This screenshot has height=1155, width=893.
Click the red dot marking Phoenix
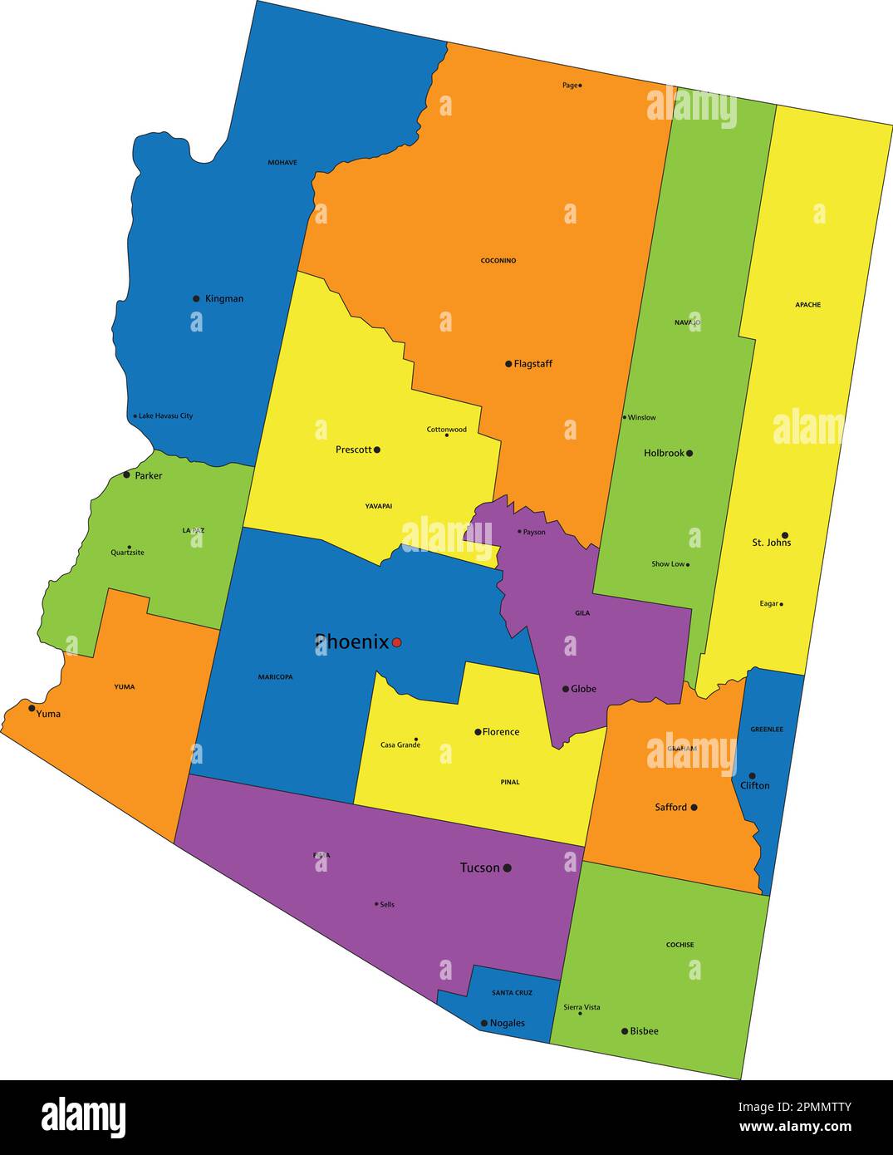coord(397,642)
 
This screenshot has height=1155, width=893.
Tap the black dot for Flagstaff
coord(508,364)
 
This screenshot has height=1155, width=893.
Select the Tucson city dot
coord(507,867)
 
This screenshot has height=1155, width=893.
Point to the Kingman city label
coord(224,298)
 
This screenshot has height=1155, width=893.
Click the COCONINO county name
coord(498,261)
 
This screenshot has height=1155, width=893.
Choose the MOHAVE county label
coord(282,163)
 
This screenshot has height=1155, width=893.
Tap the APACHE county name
coord(807,305)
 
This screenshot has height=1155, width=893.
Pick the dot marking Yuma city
coord(32,708)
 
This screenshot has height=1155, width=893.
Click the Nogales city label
coord(508,1023)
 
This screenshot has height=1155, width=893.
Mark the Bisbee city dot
coord(625,1031)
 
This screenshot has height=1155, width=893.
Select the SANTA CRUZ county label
coord(512,993)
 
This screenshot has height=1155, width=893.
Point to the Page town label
coord(569,86)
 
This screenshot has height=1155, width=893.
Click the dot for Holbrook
coord(689,453)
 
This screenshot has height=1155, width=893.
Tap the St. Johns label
coord(772,543)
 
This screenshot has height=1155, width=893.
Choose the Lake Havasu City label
coord(165,415)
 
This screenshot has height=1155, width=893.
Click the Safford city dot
coord(694,807)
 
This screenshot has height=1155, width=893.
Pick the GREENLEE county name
coord(767,730)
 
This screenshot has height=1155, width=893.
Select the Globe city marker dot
coord(566,689)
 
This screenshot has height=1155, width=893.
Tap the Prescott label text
coord(354,450)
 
